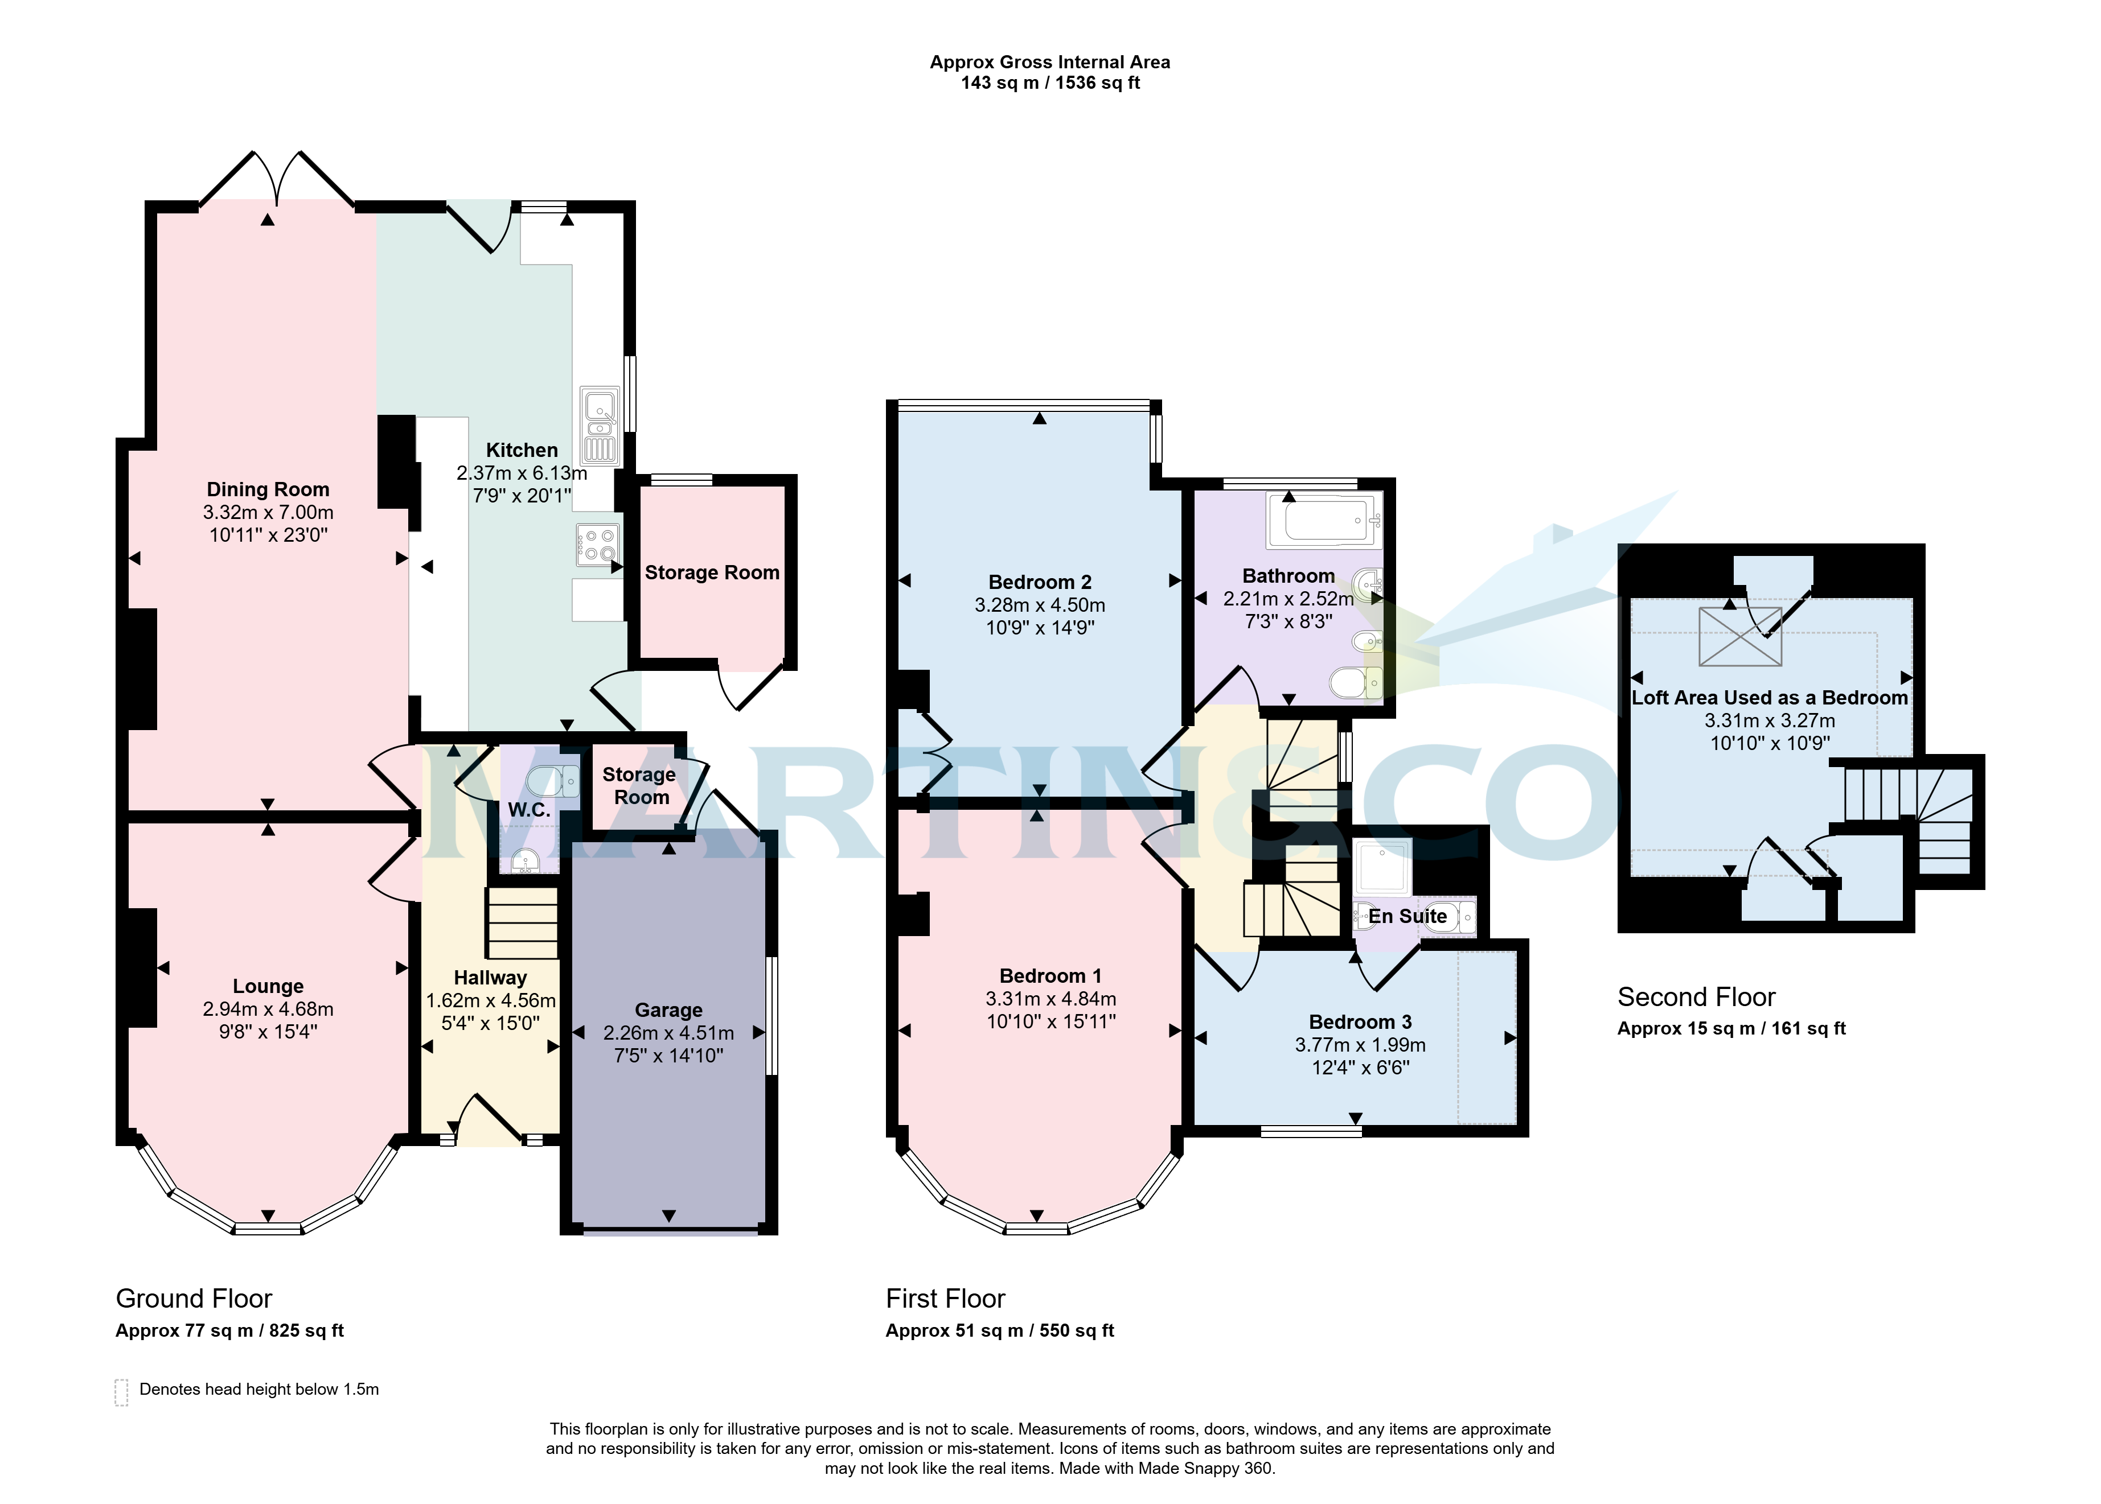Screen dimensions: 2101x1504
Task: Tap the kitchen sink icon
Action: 600,426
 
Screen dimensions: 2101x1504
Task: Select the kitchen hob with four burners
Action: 597,545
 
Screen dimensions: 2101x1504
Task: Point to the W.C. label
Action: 529,809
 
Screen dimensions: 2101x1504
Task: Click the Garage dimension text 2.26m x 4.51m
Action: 669,1033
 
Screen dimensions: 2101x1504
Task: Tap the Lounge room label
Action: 268,986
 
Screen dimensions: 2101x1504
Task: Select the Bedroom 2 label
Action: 1039,583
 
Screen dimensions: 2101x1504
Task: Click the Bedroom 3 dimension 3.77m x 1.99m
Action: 1360,1045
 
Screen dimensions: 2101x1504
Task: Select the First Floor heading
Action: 945,1299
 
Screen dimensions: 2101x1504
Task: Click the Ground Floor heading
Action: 194,1299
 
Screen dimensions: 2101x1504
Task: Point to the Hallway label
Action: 490,978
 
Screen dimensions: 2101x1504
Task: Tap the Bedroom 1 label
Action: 1050,976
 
